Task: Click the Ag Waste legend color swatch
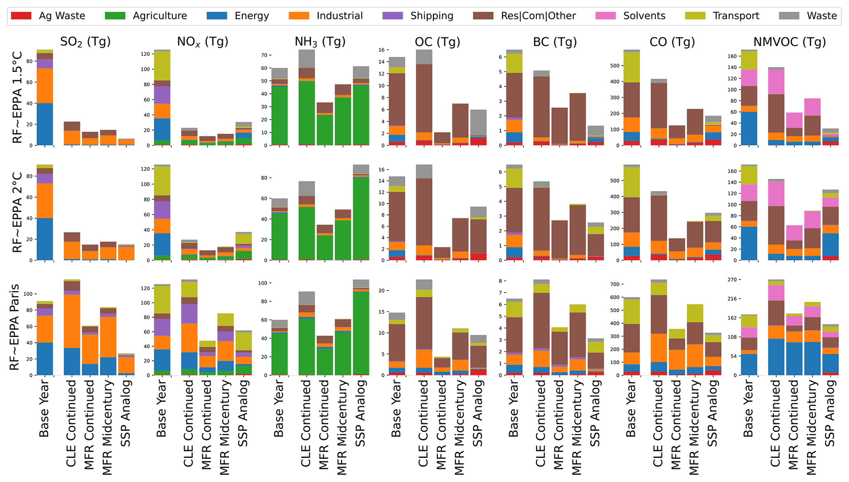click(21, 16)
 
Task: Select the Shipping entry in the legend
click(432, 16)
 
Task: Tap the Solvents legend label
click(644, 16)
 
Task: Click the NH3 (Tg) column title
click(320, 42)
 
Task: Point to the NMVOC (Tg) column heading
click(789, 42)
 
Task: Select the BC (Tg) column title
click(555, 42)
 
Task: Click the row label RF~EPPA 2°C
click(17, 212)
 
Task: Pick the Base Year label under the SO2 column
click(44, 409)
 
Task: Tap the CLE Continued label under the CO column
click(658, 423)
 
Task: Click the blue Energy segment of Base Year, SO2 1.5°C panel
click(45, 124)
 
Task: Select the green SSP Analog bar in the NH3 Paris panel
click(361, 333)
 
